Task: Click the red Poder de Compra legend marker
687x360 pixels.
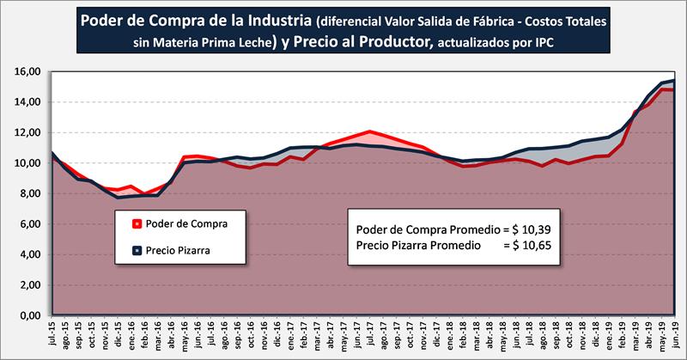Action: click(137, 225)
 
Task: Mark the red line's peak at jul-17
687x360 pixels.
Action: click(370, 131)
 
